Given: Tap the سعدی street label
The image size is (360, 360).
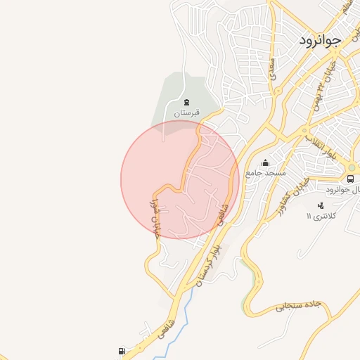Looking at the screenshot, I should coord(271,67).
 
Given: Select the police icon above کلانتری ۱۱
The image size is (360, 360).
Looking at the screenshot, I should coord(321,206).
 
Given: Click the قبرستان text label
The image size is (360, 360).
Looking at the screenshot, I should coord(188,112).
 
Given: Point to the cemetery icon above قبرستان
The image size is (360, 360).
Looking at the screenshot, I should coord(186,102).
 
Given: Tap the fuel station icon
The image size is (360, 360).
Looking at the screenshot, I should coord(123,351).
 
